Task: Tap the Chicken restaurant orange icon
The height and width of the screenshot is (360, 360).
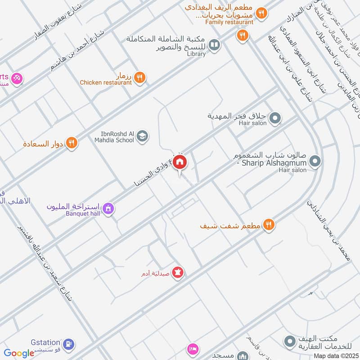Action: pyautogui.click(x=140, y=77)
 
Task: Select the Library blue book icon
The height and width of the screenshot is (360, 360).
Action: pyautogui.click(x=216, y=45)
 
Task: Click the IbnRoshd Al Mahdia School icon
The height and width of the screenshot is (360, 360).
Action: pyautogui.click(x=142, y=136)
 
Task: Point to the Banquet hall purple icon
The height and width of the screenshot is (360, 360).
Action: pyautogui.click(x=108, y=208)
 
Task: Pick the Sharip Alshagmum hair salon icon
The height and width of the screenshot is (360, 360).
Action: pyautogui.click(x=315, y=161)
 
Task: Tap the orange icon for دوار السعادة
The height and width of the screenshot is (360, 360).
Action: pyautogui.click(x=71, y=144)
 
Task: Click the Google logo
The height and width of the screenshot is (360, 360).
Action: pyautogui.click(x=19, y=353)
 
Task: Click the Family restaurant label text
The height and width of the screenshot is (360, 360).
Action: pyautogui.click(x=229, y=22)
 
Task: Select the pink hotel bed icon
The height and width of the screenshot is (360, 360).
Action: pyautogui.click(x=193, y=349)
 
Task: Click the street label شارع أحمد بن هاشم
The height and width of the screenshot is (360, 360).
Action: pyautogui.click(x=76, y=50)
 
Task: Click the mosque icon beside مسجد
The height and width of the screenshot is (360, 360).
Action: pyautogui.click(x=243, y=355)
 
